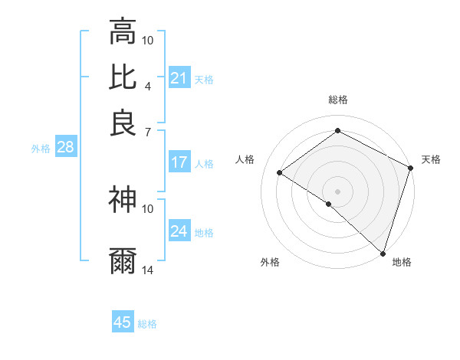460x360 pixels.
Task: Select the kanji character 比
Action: coord(123,77)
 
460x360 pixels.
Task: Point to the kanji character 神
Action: coord(123,200)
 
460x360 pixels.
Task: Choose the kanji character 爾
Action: coord(123,261)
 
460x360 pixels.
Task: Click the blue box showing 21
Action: coord(179,78)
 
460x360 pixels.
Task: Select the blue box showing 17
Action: coord(179,162)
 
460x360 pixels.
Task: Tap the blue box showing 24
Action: coord(179,231)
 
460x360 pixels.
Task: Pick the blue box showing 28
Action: coord(65,148)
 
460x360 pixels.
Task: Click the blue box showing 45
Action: coord(123,323)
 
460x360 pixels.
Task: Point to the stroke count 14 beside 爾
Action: coord(148,270)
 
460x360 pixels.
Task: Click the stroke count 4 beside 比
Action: coord(148,85)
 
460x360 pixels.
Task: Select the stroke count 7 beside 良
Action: coord(148,132)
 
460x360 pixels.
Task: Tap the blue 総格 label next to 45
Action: coord(147,324)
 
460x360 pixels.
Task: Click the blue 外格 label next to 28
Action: coord(40,149)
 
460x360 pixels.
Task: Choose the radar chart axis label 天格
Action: coord(431,159)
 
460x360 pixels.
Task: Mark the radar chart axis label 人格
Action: coord(245,159)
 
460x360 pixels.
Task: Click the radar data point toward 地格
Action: coord(383,254)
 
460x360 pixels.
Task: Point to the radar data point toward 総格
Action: coord(337,131)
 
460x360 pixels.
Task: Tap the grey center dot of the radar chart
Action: coord(337,191)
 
